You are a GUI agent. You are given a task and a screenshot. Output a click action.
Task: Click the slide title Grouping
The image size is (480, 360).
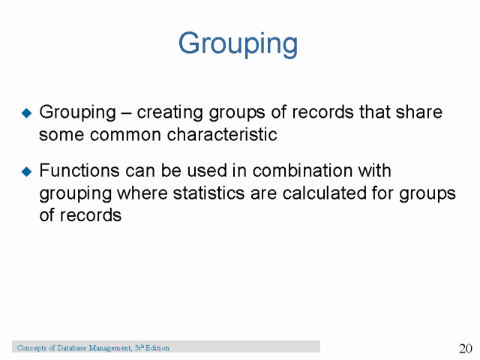point(238,43)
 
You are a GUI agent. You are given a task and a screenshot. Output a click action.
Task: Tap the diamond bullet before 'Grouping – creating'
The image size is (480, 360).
point(27,113)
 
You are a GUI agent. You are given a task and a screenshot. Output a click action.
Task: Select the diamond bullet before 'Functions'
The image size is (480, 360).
point(27,172)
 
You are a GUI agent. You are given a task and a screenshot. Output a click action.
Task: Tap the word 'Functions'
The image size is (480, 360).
point(76,171)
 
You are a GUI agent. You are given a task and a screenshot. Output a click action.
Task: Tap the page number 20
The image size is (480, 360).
point(465,349)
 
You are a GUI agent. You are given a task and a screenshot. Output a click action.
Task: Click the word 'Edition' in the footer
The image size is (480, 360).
point(157,348)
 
